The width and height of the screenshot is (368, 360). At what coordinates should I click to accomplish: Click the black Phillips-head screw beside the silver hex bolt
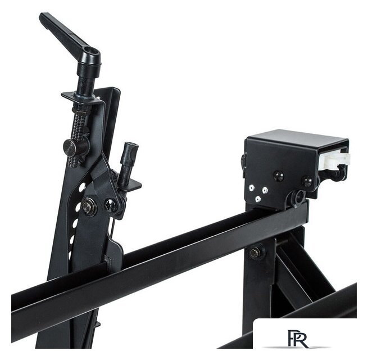[x=110, y=204]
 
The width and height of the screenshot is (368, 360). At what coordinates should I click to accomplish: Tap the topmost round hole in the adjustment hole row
[x=82, y=187]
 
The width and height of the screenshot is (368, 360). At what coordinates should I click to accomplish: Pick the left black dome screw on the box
[x=279, y=176]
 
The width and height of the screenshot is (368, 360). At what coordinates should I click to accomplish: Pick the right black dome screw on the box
[x=307, y=181]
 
